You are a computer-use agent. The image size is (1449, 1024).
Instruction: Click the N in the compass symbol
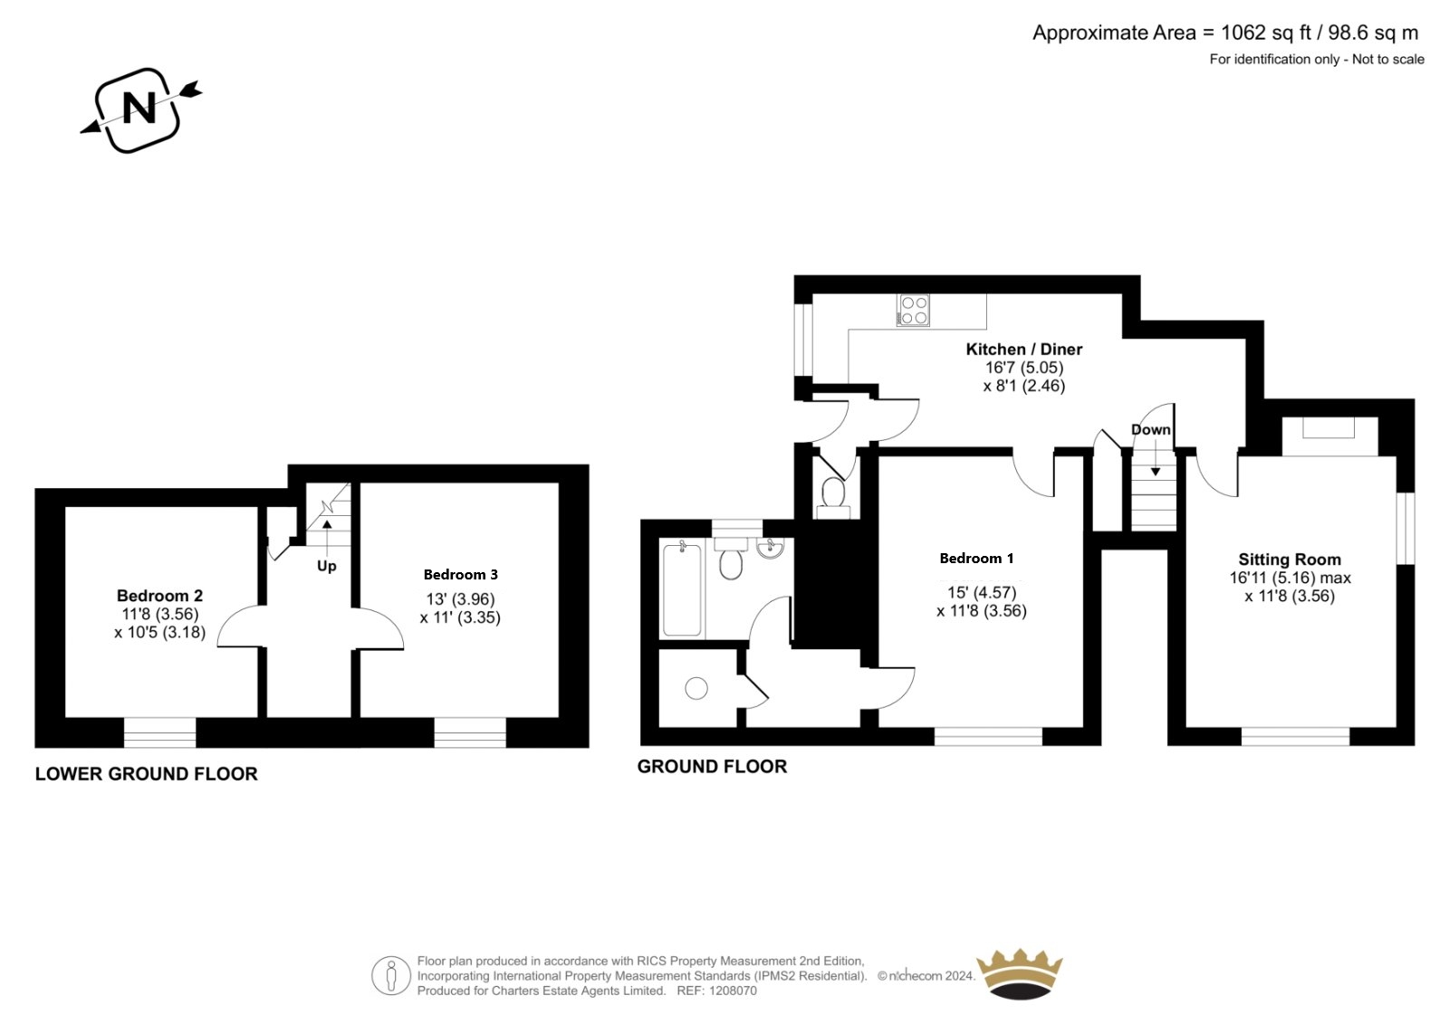pyautogui.click(x=139, y=108)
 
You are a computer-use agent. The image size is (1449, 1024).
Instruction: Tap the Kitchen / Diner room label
pyautogui.click(x=1024, y=349)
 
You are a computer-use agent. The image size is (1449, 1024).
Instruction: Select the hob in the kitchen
pyautogui.click(x=914, y=310)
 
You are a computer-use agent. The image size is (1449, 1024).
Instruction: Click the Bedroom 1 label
pyautogui.click(x=977, y=559)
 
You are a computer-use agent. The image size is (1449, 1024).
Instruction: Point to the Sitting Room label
pyautogui.click(x=1290, y=560)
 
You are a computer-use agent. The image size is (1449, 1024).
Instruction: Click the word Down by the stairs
pyautogui.click(x=1151, y=429)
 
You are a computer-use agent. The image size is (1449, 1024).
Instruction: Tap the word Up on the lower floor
pyautogui.click(x=327, y=567)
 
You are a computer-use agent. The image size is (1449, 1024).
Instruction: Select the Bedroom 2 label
pyautogui.click(x=159, y=596)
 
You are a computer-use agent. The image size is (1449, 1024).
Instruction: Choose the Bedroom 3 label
pyautogui.click(x=461, y=574)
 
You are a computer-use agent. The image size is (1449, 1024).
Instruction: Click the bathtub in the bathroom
pyautogui.click(x=682, y=590)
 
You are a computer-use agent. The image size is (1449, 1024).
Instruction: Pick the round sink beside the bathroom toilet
pyautogui.click(x=770, y=549)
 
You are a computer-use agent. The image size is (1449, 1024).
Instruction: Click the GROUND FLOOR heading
pyautogui.click(x=712, y=767)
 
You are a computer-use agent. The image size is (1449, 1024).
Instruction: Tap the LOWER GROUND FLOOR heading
pyautogui.click(x=146, y=774)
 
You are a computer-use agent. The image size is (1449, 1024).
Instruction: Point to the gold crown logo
pyautogui.click(x=1020, y=973)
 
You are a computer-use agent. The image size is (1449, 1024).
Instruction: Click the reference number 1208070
pyautogui.click(x=733, y=991)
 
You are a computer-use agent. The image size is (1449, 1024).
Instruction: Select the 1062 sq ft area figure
pyautogui.click(x=1256, y=33)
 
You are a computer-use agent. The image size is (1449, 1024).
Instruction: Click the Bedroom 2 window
pyautogui.click(x=159, y=732)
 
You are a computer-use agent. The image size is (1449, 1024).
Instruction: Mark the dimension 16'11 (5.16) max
pyautogui.click(x=1290, y=578)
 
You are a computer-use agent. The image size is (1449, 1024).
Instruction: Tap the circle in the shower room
pyautogui.click(x=696, y=688)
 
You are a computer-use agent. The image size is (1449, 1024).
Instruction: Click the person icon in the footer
pyautogui.click(x=390, y=975)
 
